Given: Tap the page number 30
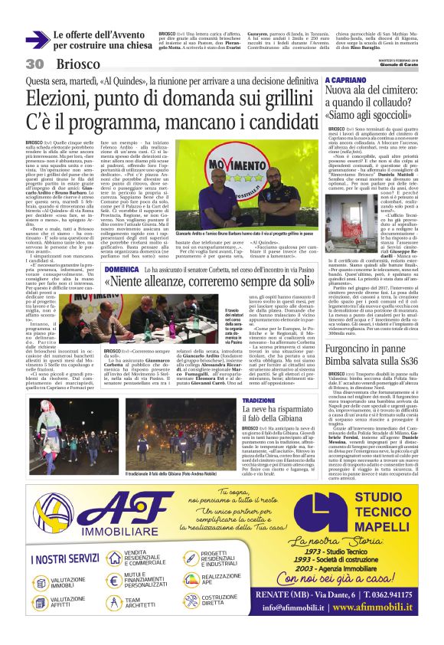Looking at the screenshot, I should point(34,64).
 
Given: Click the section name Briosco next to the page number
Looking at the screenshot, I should point(77,64).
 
